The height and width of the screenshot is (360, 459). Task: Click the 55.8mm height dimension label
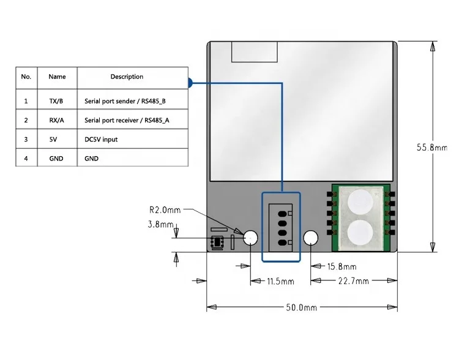coord(432,148)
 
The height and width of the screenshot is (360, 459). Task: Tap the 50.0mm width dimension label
coord(302,307)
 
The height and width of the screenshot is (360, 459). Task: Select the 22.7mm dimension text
coord(354,281)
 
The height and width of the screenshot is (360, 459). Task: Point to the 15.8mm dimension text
coord(341,266)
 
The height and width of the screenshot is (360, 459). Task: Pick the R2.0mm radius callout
coord(165,210)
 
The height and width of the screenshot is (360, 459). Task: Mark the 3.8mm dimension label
coord(160,225)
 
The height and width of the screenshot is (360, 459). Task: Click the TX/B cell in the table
coord(57,100)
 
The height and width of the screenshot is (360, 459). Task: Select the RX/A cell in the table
coord(57,121)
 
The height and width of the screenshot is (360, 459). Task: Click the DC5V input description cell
coord(101,140)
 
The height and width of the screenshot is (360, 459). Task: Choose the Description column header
coord(127,77)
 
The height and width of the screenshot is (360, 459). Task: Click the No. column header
coord(26,77)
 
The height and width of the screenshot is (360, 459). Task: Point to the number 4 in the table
coord(26,159)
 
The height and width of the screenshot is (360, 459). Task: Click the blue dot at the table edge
coord(190,81)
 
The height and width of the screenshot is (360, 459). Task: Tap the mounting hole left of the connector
coord(251,238)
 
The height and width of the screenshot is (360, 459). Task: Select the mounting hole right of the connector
coord(311,238)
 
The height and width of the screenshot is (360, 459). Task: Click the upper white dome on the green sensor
coord(360,201)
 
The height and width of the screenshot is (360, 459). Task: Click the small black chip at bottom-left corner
coord(217,243)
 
